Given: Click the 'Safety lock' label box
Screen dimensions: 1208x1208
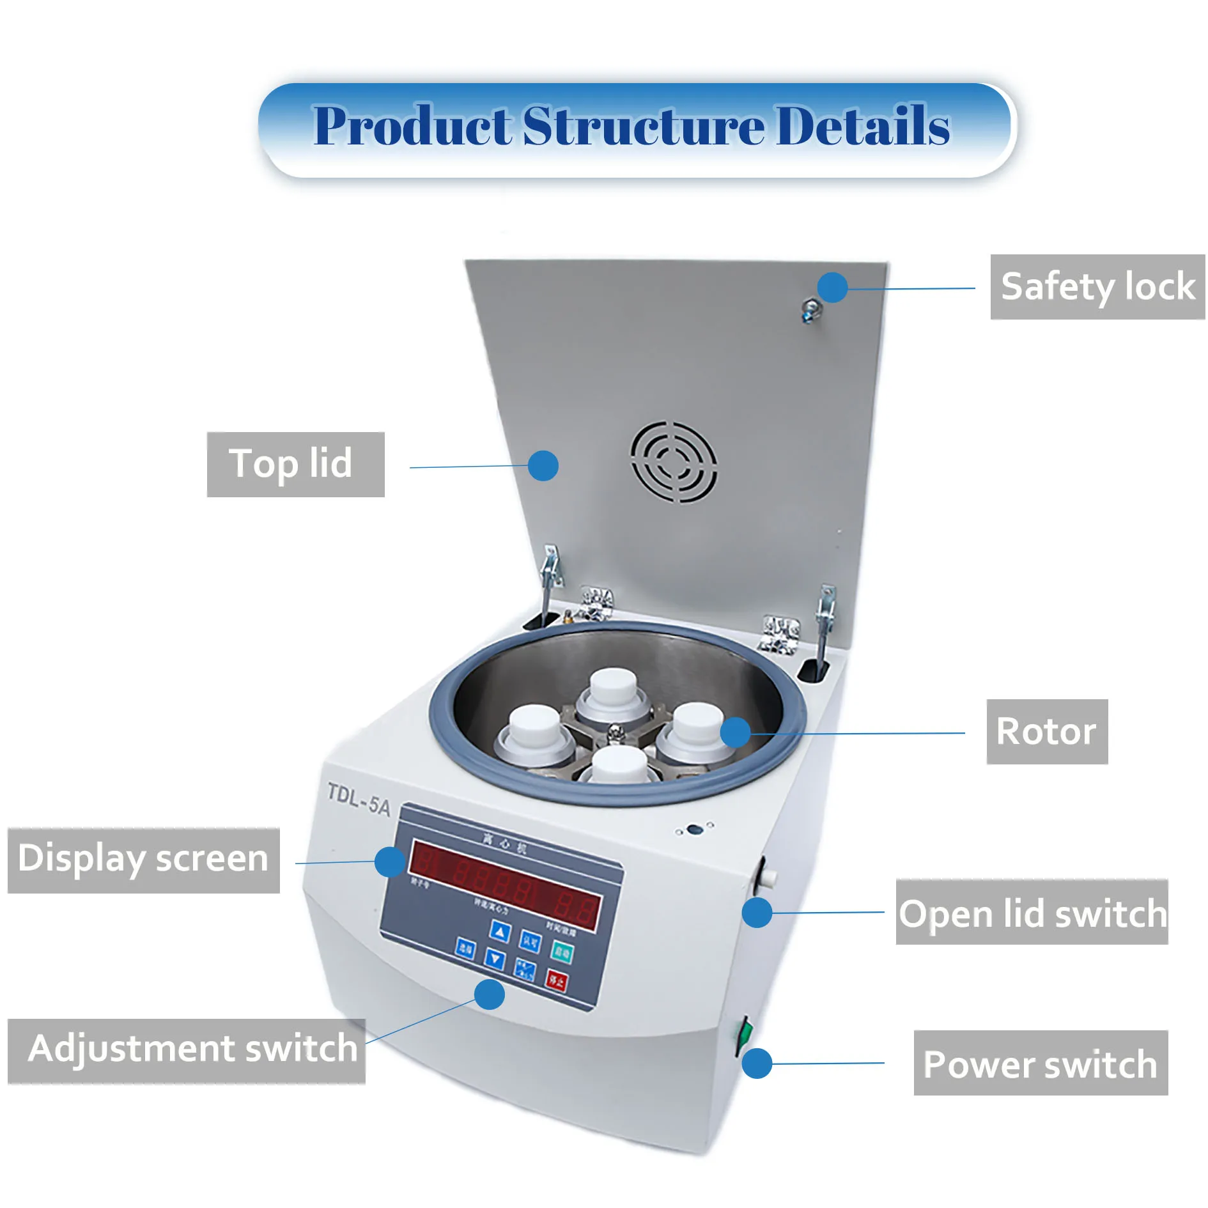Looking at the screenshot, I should click(x=1097, y=286).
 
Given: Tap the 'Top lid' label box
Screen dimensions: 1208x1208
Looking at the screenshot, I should click(x=295, y=464).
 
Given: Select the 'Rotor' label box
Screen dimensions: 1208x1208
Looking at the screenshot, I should click(x=1046, y=731).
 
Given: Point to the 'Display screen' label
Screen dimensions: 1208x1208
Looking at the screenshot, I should click(x=143, y=860).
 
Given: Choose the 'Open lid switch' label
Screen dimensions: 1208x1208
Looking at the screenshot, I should click(x=1032, y=912).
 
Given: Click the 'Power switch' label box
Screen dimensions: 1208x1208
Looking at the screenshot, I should click(x=1040, y=1064).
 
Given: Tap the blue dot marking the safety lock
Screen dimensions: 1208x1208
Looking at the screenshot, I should click(x=832, y=288).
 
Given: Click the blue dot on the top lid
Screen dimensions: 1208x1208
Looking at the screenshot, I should click(x=543, y=465).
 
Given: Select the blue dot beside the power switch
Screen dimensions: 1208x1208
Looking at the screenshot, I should click(x=757, y=1064).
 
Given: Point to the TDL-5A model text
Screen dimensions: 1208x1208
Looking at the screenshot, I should click(x=358, y=799).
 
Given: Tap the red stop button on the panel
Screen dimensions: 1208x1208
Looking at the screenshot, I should click(x=556, y=980).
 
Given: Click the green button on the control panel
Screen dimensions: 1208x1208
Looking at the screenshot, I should click(x=562, y=953).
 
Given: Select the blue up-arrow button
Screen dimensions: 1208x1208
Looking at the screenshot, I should click(x=500, y=932).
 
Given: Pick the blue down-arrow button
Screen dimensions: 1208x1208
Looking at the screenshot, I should click(x=495, y=958).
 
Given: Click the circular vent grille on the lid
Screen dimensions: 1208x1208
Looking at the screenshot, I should click(x=674, y=461).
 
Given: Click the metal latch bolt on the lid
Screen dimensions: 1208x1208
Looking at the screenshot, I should click(x=812, y=311).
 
